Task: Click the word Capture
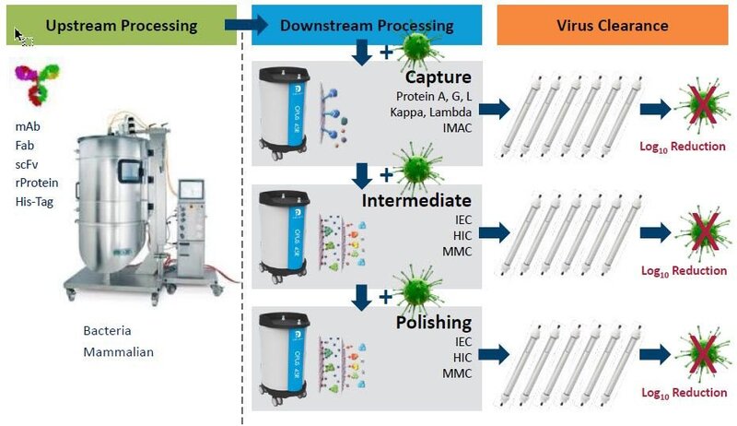pos(439,77)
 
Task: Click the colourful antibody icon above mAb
pos(35,85)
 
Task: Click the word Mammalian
pos(117,352)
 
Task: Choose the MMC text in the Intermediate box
pos(455,251)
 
